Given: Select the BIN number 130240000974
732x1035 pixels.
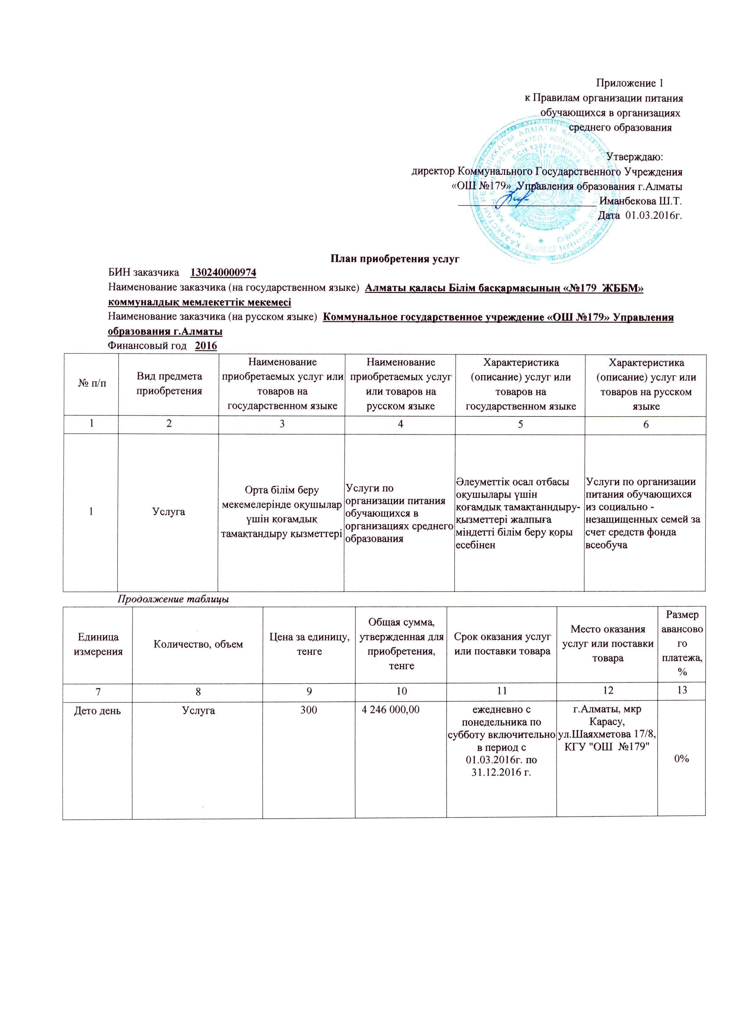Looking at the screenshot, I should (x=223, y=273).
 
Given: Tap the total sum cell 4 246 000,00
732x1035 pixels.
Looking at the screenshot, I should (x=390, y=710).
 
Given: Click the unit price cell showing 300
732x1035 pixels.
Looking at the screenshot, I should (x=309, y=710).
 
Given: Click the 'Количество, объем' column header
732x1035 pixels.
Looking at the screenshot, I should (x=198, y=644).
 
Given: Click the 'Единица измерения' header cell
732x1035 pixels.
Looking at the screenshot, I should (x=97, y=644).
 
